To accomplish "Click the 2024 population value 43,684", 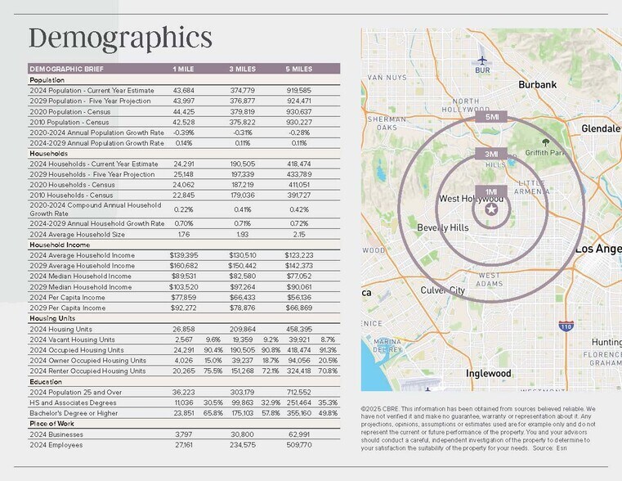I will tap(183, 90).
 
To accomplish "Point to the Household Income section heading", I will tap(60, 245).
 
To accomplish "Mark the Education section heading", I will tap(47, 381).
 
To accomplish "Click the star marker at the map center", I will tap(491, 210).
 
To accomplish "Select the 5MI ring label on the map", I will tap(491, 117).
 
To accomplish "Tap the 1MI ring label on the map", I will tap(491, 191).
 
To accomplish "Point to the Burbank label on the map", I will tap(537, 84).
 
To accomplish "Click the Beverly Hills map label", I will tap(442, 227).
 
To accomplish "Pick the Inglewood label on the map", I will tap(488, 374).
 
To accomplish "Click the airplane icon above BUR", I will tap(482, 60).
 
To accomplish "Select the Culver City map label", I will tap(442, 290).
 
